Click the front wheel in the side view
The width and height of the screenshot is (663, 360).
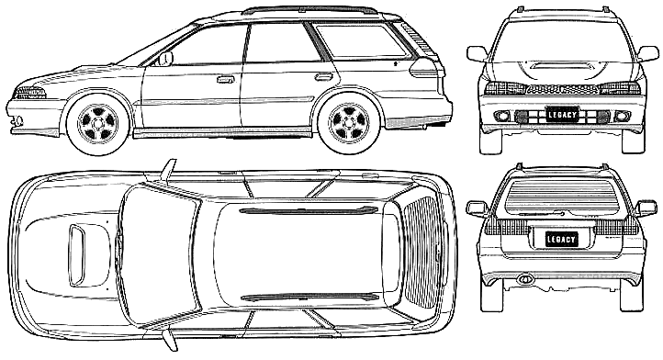[x=97, y=123]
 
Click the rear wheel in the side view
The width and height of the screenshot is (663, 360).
[x=349, y=123]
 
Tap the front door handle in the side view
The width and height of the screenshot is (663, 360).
[x=226, y=79]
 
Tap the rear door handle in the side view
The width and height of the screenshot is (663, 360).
[x=324, y=76]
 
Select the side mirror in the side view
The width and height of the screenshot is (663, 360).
[x=165, y=59]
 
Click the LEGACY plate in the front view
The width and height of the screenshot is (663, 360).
[x=562, y=115]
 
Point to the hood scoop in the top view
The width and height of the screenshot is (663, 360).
[x=77, y=255]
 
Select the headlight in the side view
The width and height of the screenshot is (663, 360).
[x=29, y=93]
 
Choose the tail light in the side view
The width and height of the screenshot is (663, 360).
[x=426, y=68]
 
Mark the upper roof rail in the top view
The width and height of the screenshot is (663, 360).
[x=308, y=210]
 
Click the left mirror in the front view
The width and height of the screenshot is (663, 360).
[x=477, y=54]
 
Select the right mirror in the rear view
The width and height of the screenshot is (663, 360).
[x=646, y=208]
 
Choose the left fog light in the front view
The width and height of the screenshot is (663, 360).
[x=501, y=116]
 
